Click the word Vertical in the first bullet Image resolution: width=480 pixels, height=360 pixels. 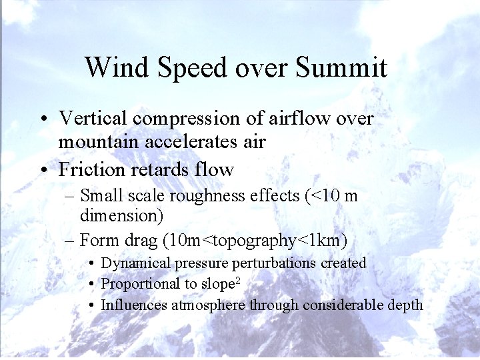point(93,118)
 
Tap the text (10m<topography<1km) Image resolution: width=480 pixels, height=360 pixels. point(260,240)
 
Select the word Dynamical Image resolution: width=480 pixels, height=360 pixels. point(137,263)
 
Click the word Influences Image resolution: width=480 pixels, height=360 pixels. point(134,305)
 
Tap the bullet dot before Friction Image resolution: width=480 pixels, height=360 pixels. point(42,170)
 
